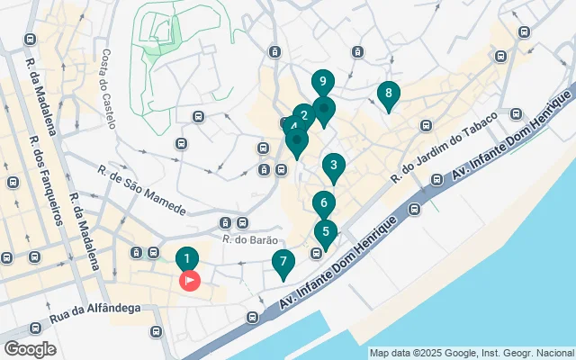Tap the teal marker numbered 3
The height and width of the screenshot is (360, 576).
pyautogui.click(x=333, y=166)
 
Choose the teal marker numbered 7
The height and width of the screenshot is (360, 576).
pyautogui.click(x=283, y=265)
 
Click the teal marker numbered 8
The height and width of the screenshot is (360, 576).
pyautogui.click(x=388, y=94)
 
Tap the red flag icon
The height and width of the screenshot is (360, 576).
pyautogui.click(x=191, y=282)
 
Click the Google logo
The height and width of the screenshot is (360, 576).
pyautogui.click(x=30, y=348)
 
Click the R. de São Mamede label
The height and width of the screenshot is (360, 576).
pyautogui.click(x=142, y=192)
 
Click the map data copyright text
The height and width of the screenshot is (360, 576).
pyautogui.click(x=472, y=353)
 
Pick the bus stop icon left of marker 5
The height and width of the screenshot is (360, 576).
pyautogui.click(x=316, y=254)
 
